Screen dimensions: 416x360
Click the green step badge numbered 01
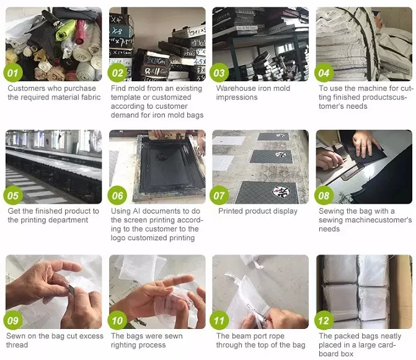[13, 73]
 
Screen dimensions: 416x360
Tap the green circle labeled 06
[117, 196]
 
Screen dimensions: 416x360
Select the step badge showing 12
[324, 321]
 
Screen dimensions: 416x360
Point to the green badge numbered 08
[324, 196]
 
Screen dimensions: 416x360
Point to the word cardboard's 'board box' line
[336, 354]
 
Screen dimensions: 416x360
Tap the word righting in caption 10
[123, 345]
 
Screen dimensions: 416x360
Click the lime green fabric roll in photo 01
[65, 30]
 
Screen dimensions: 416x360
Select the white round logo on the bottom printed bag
[281, 192]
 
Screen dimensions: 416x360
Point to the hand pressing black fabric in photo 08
[366, 143]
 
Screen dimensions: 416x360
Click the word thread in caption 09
[17, 345]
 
